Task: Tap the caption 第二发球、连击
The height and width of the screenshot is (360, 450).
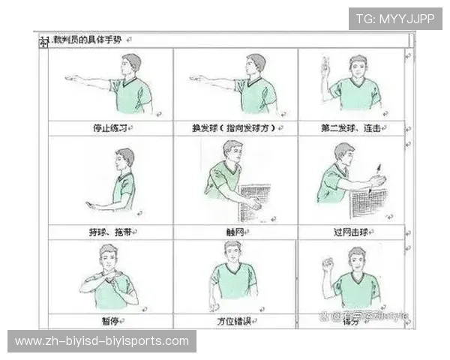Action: click(350, 128)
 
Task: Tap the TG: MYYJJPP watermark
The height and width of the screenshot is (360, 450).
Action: click(395, 19)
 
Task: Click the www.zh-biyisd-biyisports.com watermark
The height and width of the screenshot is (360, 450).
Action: click(102, 341)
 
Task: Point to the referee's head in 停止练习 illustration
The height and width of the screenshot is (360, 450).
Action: click(133, 64)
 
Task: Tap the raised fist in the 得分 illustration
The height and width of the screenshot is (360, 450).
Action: click(327, 264)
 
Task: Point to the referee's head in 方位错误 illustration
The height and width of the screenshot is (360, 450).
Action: click(233, 252)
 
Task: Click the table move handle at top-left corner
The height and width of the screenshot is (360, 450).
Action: click(43, 40)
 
